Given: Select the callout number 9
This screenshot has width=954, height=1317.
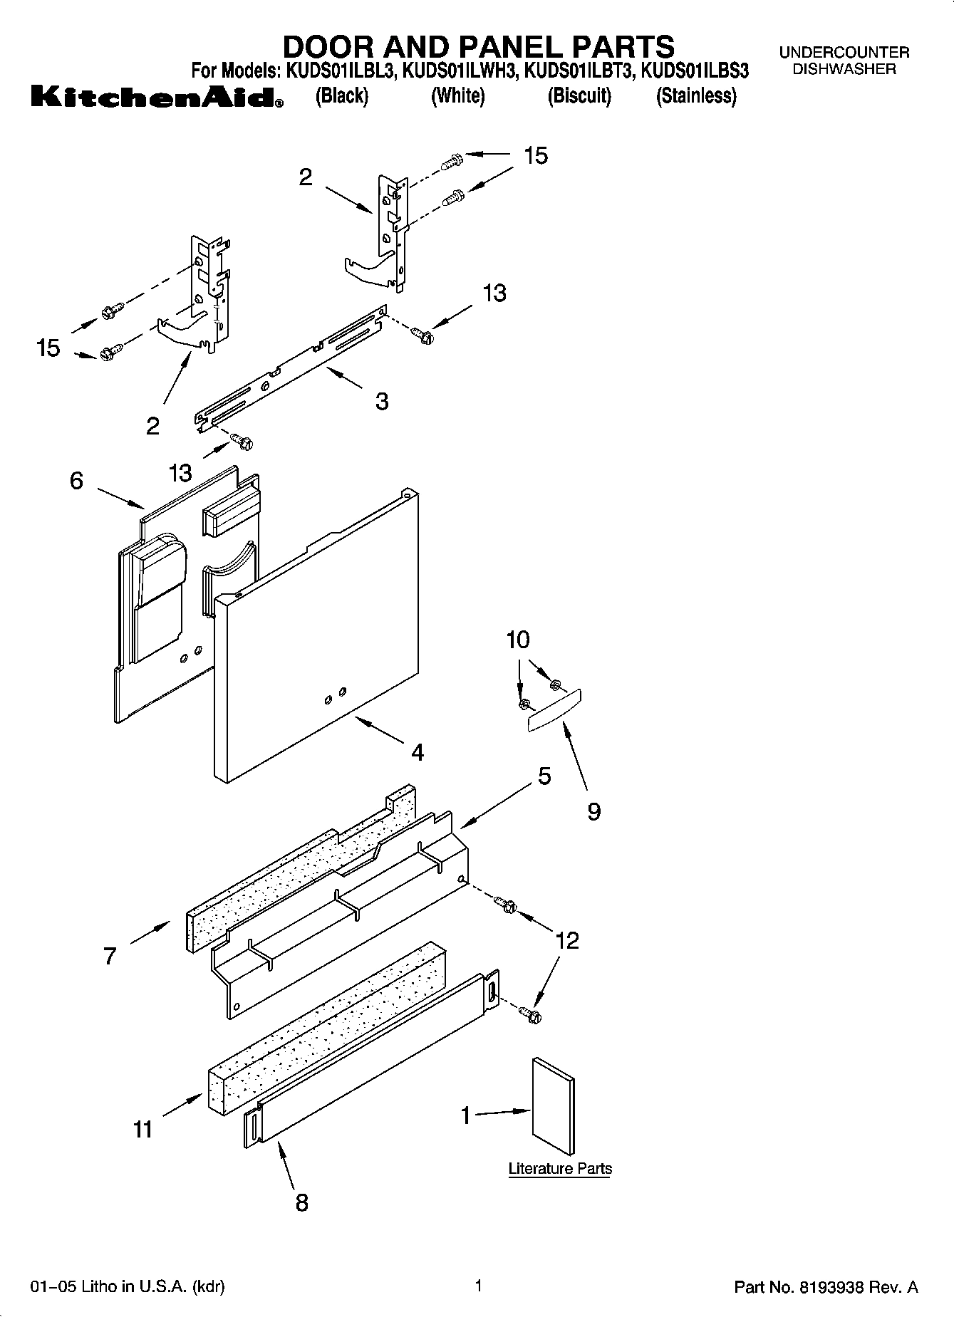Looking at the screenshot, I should click(593, 811).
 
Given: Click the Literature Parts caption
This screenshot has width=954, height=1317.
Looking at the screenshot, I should click(560, 1169).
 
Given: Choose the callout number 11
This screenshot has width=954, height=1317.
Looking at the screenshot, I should click(142, 1130).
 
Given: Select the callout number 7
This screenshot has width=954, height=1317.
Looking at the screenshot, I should click(109, 956).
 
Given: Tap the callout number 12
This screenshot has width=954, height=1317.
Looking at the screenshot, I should click(567, 941).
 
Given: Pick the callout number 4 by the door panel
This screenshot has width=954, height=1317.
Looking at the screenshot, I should click(418, 752).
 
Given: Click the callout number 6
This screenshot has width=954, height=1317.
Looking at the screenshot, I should click(76, 481).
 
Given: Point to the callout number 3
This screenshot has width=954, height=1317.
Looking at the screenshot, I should click(382, 402).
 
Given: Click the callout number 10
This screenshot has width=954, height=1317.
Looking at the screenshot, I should click(518, 640).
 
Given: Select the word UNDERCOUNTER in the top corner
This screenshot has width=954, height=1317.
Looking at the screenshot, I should click(844, 53).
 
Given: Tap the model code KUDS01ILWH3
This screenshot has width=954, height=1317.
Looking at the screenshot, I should click(461, 71).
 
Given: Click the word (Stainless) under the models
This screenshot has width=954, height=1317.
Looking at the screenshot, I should click(695, 95).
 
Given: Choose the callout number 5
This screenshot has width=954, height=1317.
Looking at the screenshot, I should click(544, 776).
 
